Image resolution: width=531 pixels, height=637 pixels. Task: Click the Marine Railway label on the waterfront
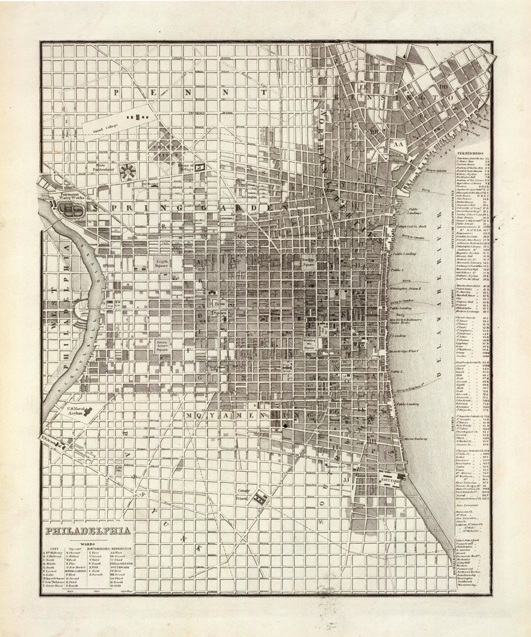[x=415, y=438]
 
